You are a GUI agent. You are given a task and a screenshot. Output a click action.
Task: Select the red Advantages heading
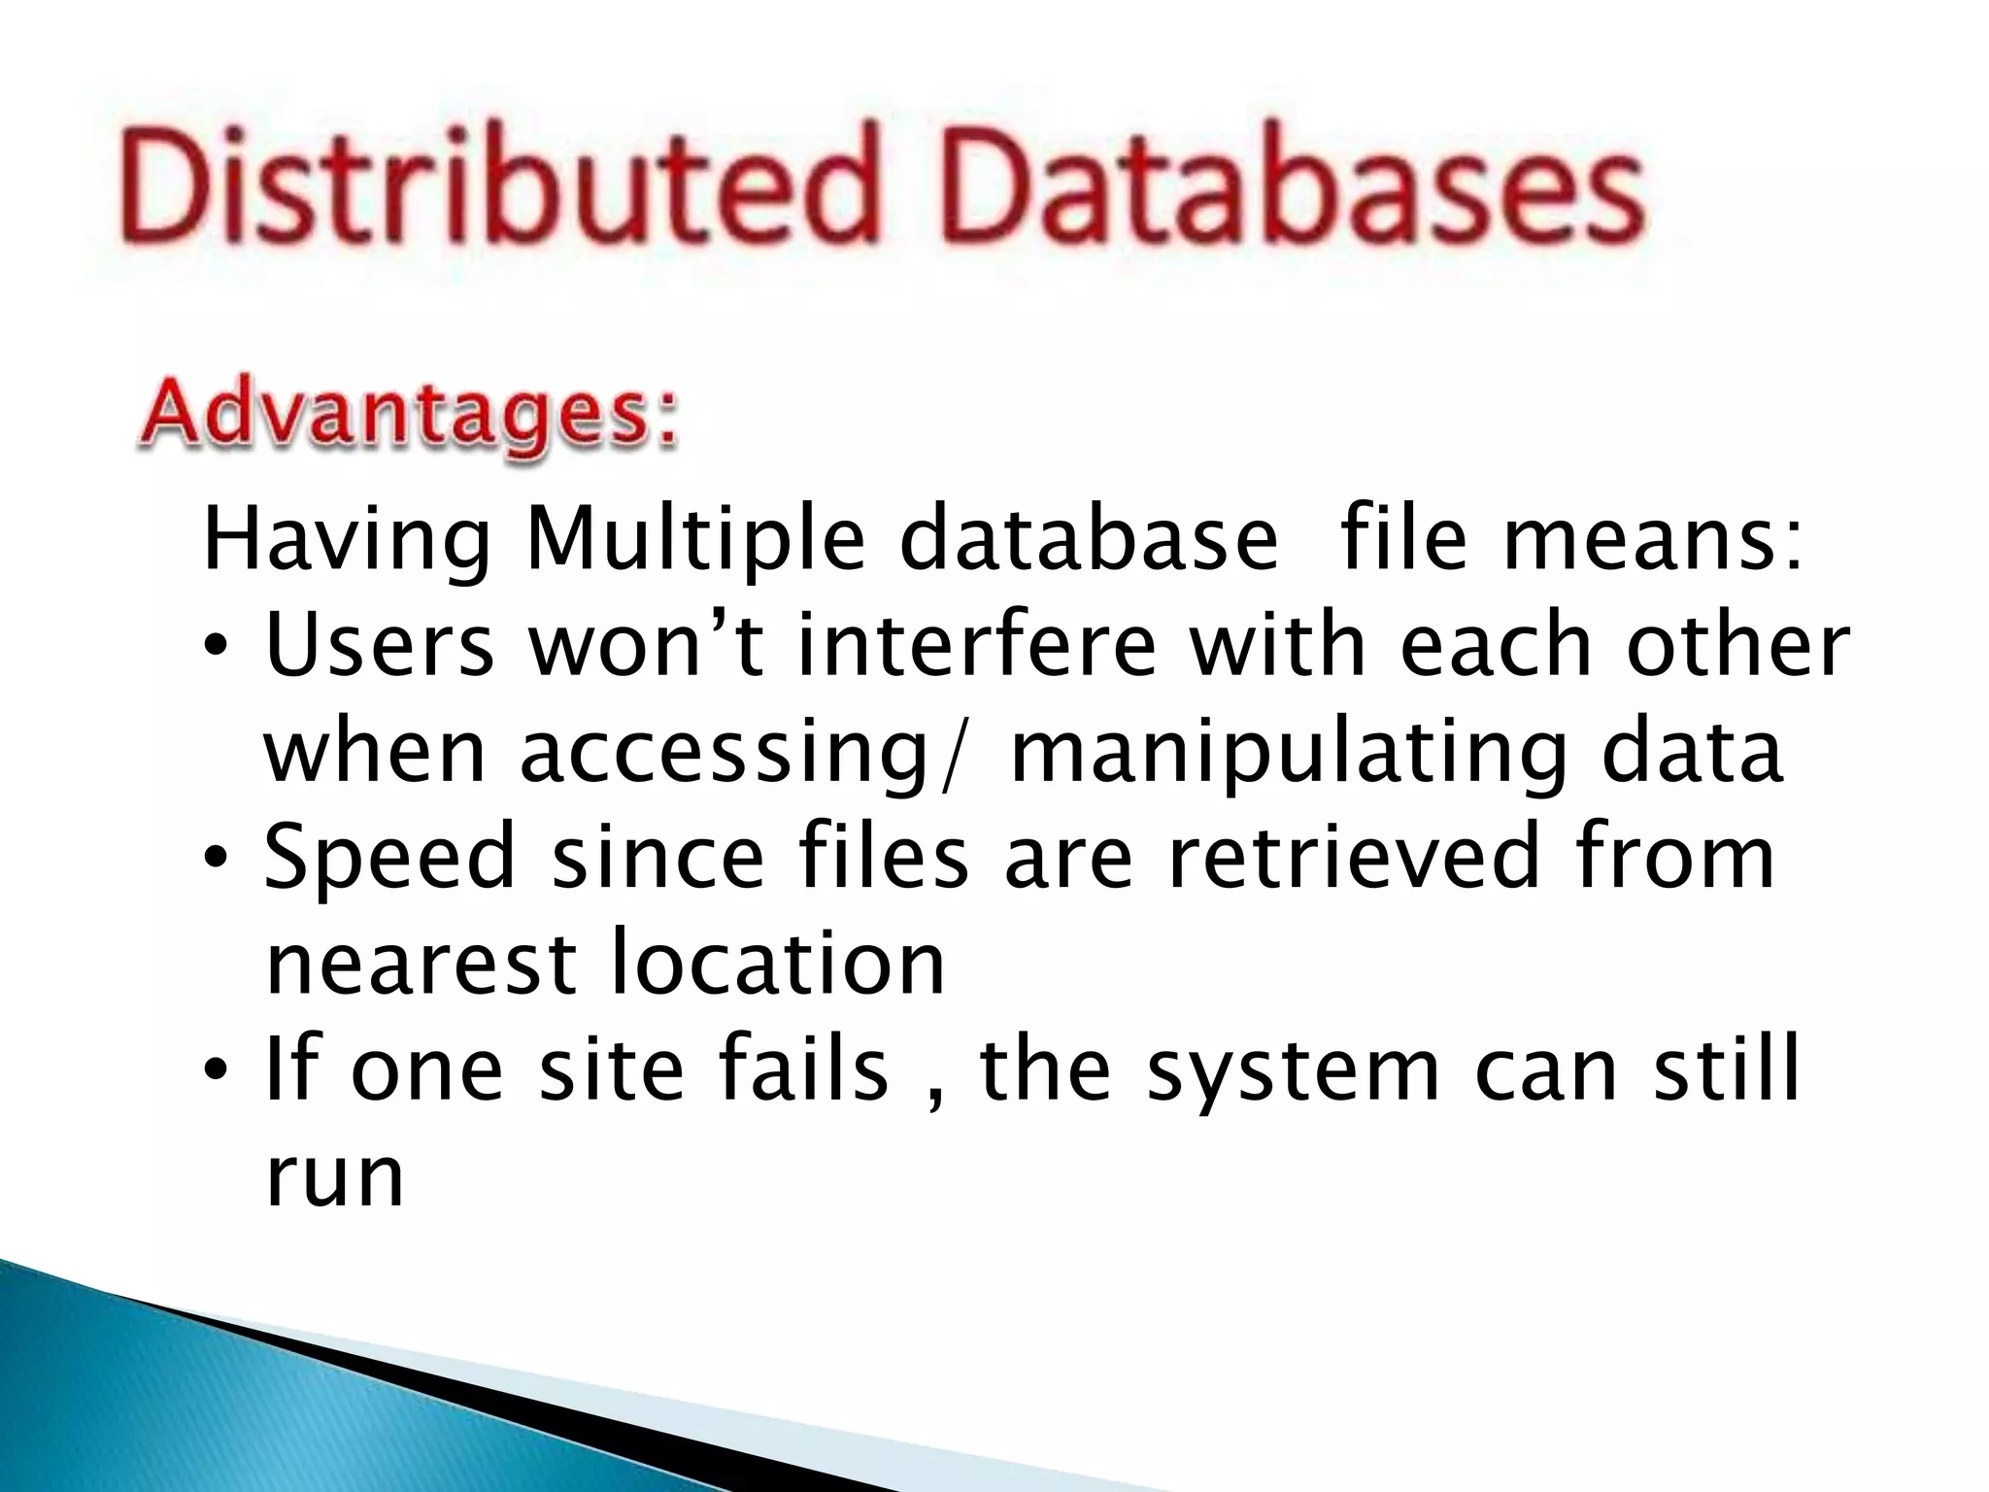click(x=408, y=416)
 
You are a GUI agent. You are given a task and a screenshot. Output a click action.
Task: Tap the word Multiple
click(x=694, y=540)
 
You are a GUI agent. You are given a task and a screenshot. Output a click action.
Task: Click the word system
click(x=1293, y=1070)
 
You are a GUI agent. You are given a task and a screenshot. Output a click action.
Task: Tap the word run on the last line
click(x=334, y=1177)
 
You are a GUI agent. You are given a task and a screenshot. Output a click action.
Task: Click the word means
click(x=1651, y=540)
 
